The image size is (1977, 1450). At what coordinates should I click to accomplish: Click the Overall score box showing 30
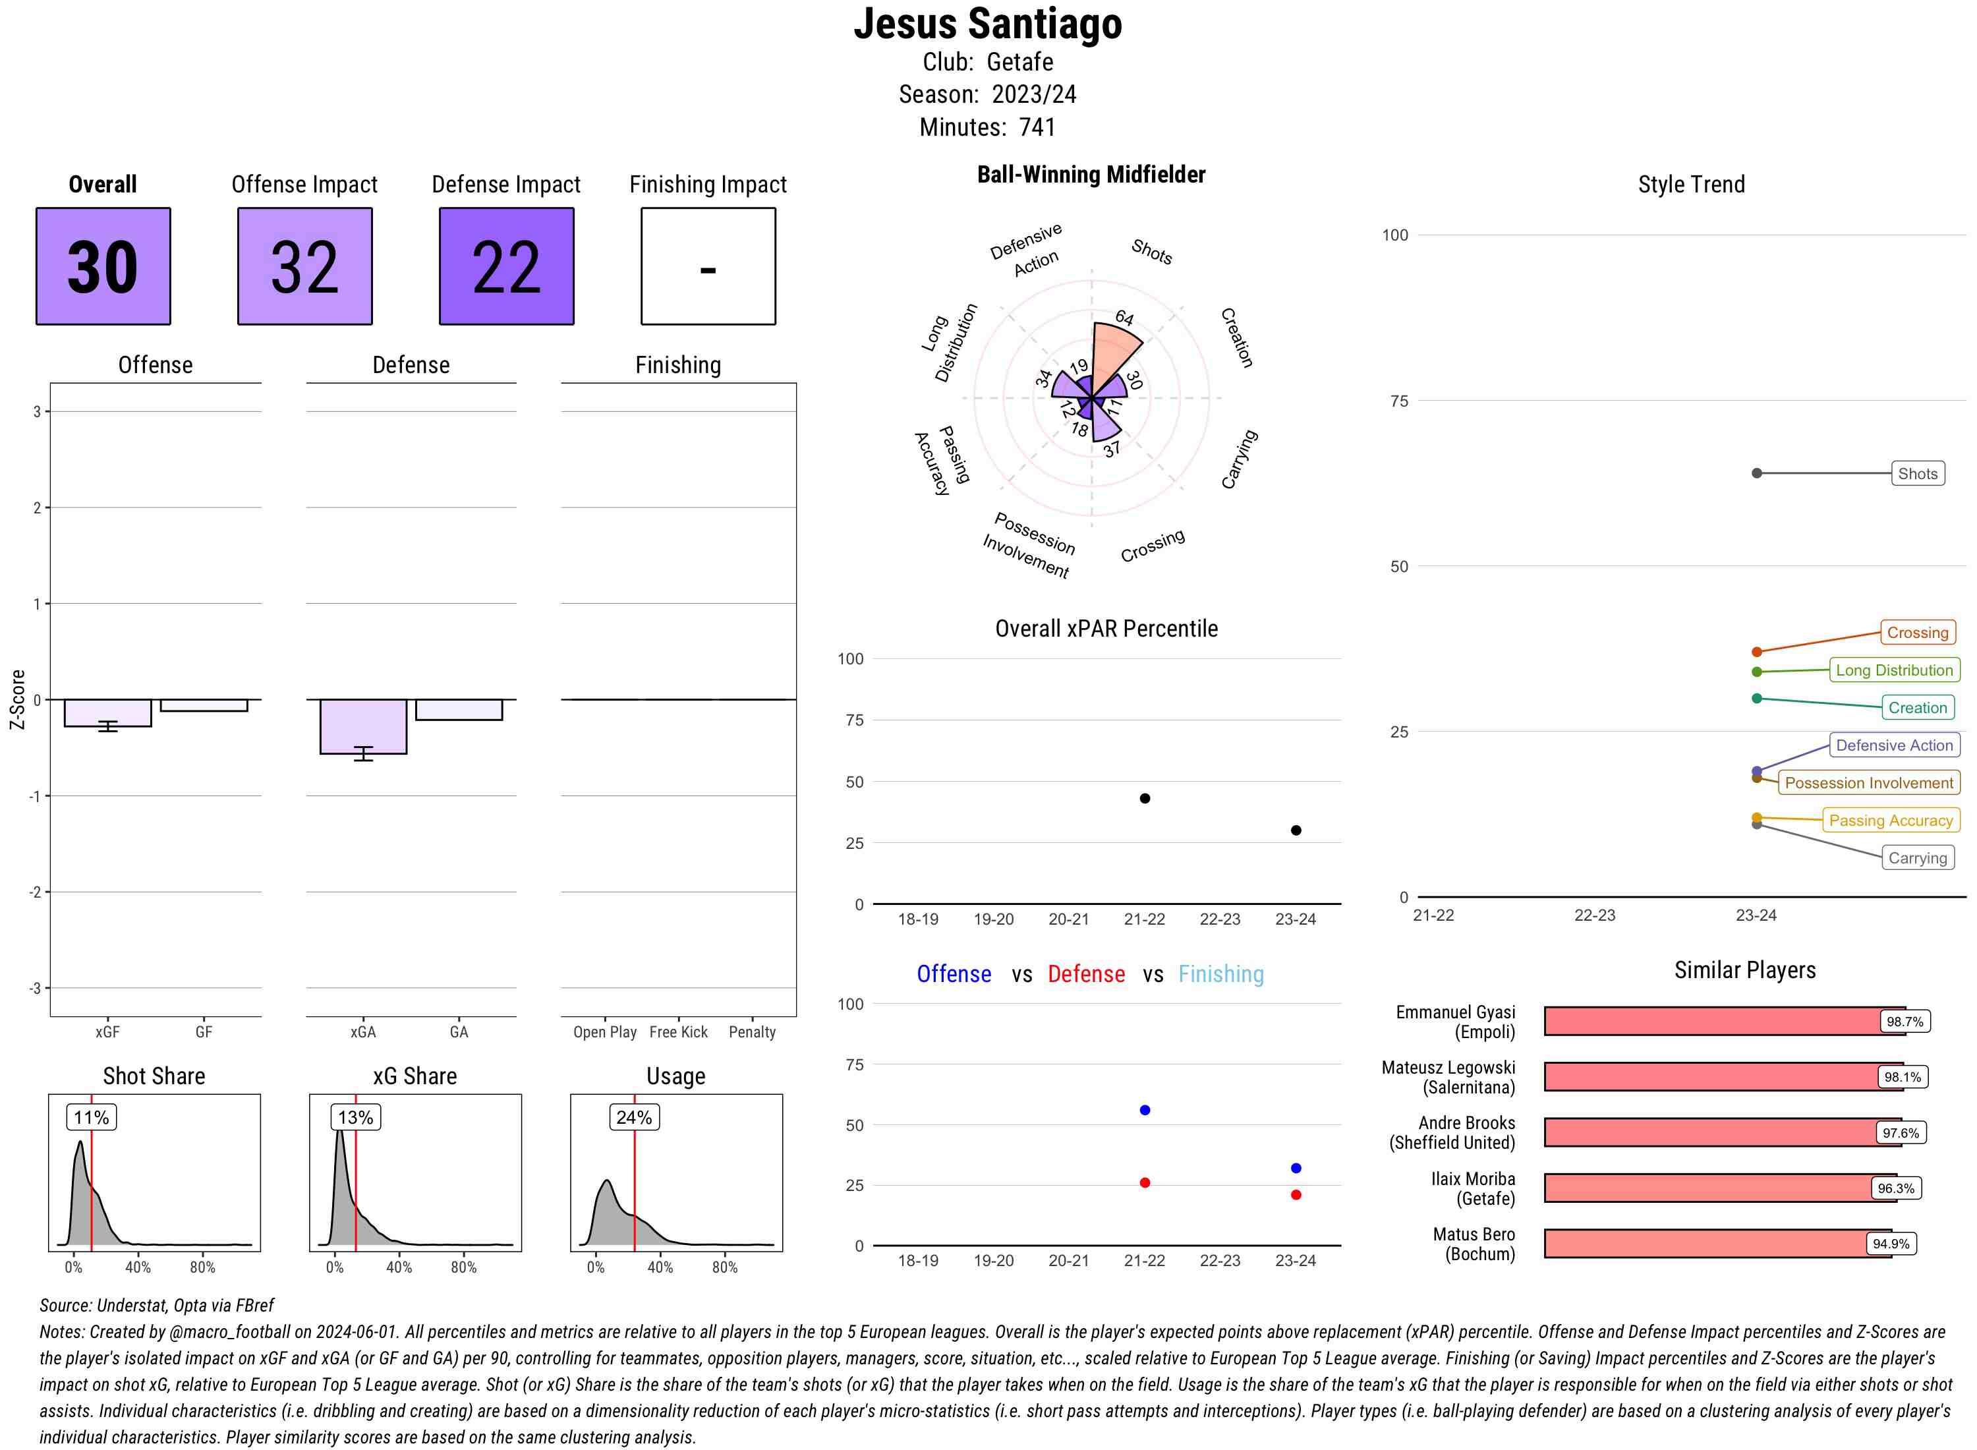pos(103,266)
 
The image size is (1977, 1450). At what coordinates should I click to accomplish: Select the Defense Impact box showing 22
pos(506,266)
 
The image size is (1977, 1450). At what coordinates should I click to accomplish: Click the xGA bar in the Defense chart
pos(362,726)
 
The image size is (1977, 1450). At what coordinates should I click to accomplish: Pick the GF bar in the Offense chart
pos(204,705)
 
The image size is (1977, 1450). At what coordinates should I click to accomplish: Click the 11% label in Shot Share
pos(91,1117)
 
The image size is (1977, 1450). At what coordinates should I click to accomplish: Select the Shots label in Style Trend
pos(1916,474)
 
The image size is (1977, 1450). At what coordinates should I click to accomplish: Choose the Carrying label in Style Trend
pos(1916,858)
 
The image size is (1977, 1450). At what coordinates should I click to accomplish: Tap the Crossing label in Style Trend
pos(1916,633)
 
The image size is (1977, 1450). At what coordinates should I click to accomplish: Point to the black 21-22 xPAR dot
pos(1144,799)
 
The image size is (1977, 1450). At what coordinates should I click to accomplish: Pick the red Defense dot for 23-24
pos(1295,1194)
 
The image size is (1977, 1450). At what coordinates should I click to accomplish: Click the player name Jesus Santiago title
pos(988,24)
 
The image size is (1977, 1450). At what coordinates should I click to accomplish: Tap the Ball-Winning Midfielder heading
pos(1091,175)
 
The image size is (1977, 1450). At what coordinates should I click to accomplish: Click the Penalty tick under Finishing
pos(752,1032)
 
